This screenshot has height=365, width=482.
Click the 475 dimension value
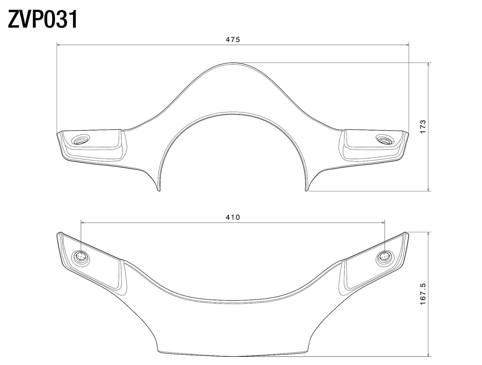232,40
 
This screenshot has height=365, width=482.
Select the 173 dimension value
423,127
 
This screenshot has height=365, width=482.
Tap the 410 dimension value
232,218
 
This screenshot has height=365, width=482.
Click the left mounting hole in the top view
81,140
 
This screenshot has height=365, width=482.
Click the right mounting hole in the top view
384,140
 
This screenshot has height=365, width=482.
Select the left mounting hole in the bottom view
81,257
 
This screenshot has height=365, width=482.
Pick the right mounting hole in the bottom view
384,257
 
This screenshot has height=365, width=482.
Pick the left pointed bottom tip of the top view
159,191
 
